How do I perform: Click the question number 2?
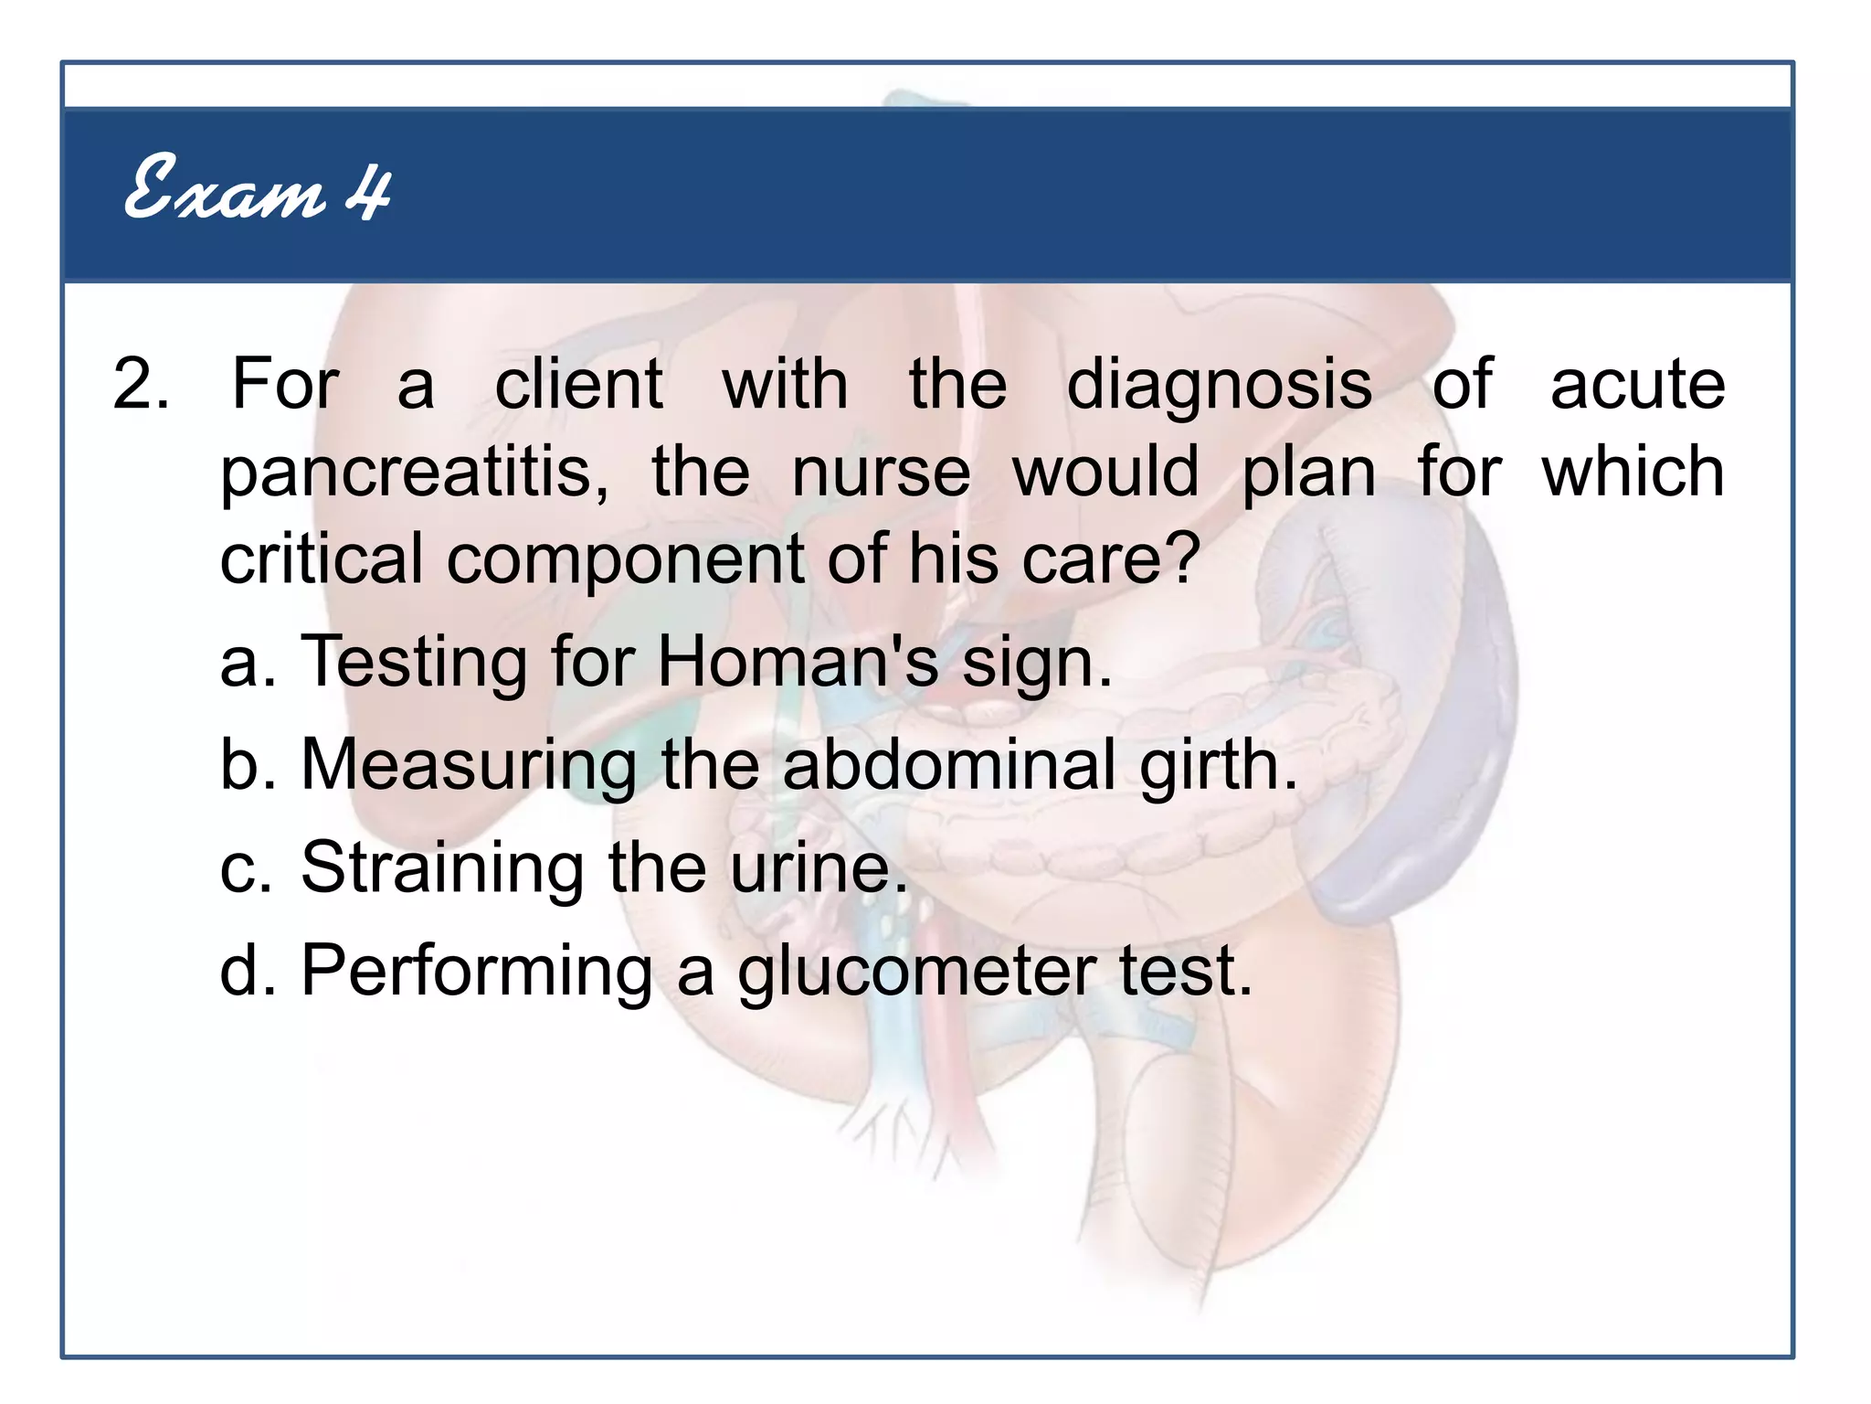[x=140, y=384]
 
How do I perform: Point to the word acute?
[x=1637, y=384]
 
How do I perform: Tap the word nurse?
[x=881, y=473]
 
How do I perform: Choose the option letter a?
[x=239, y=663]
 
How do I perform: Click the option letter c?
[x=239, y=868]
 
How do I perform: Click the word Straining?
[x=442, y=868]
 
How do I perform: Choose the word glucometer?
[x=917, y=973]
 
